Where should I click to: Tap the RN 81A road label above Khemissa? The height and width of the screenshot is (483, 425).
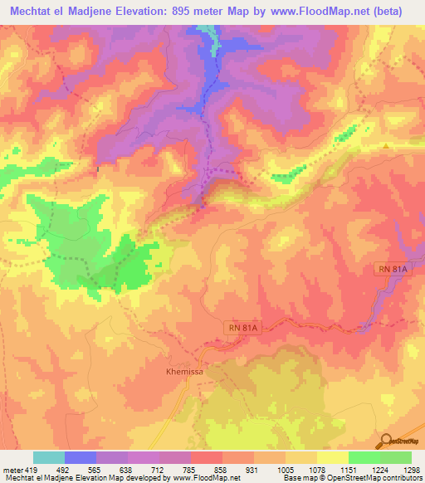[x=242, y=329]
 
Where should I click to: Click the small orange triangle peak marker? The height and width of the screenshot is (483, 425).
[x=386, y=147]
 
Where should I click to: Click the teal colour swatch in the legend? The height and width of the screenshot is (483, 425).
[x=49, y=457]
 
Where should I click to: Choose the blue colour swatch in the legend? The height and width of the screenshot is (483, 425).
[x=81, y=457]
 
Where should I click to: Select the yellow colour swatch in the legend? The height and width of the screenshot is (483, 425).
[x=333, y=457]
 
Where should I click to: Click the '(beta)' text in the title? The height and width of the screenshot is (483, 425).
[x=386, y=12]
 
